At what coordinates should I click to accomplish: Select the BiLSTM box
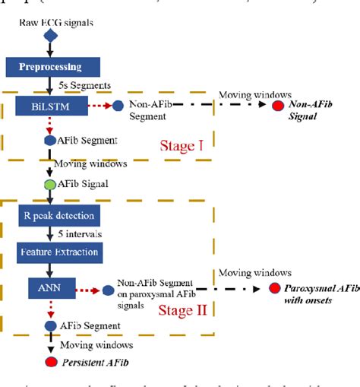(x=49, y=108)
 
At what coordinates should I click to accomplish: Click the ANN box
(x=50, y=289)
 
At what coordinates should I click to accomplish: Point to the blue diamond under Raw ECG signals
(x=50, y=36)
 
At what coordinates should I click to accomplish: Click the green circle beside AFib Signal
(x=50, y=183)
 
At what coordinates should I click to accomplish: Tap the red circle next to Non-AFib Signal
(x=279, y=107)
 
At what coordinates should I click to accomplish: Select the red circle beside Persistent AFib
(x=50, y=361)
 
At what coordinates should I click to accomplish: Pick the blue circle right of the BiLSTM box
(x=118, y=107)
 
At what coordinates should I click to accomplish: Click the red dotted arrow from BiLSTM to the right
(x=96, y=107)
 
